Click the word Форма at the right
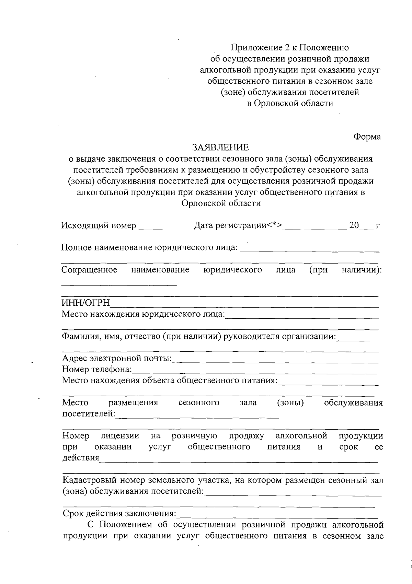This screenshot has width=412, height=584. coord(367,137)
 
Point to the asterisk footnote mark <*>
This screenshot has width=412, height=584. coord(275,225)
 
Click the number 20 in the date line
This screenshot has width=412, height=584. coord(354,225)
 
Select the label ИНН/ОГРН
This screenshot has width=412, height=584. coord(85,303)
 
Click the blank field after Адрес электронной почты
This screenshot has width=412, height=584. coord(275,360)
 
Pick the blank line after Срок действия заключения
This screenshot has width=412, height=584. coord(277,515)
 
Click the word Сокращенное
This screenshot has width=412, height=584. coord(89,270)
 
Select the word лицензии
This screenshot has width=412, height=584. coord(120,436)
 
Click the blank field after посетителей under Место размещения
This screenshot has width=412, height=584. coord(197,416)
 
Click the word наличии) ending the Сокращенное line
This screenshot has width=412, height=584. coord(362,270)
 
